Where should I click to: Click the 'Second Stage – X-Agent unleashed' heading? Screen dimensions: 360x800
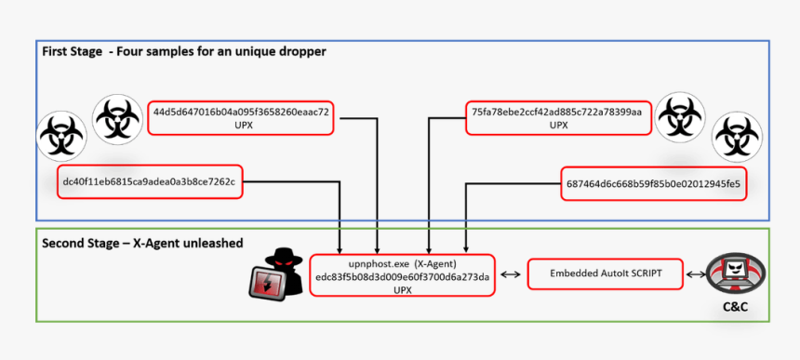coord(142,243)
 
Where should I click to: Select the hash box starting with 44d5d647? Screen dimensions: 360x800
coord(242,117)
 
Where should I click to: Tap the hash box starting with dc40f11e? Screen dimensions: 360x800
coord(149,182)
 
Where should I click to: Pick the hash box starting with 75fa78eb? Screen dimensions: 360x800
coord(557,117)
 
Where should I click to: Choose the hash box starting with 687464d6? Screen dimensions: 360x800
coord(653,183)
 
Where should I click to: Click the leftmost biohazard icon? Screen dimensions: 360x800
coord(60,135)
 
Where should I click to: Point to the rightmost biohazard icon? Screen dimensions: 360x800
coord(737,140)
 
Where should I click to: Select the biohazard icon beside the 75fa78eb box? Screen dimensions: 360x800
coord(681,117)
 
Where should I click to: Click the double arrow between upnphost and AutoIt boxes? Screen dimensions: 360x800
coord(509,274)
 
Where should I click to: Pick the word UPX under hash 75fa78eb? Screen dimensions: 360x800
coord(557,125)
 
